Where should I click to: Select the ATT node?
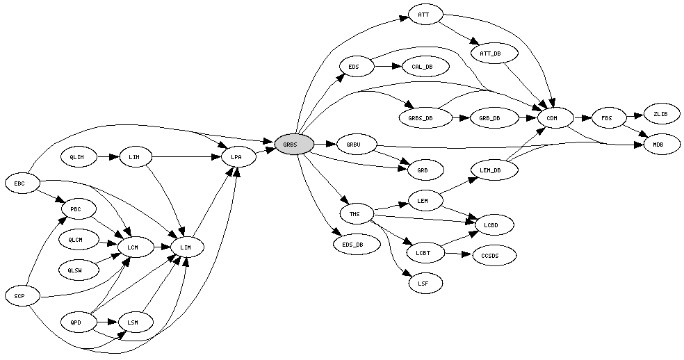point(423,15)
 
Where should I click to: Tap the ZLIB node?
point(660,113)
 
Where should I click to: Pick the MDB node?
point(657,145)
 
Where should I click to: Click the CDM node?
point(552,118)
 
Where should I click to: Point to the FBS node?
point(607,118)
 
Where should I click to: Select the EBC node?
point(19,183)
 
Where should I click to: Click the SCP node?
point(19,296)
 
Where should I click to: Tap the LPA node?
point(236,158)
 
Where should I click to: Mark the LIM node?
point(185,247)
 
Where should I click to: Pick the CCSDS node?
point(494,256)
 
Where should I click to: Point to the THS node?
point(355,213)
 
